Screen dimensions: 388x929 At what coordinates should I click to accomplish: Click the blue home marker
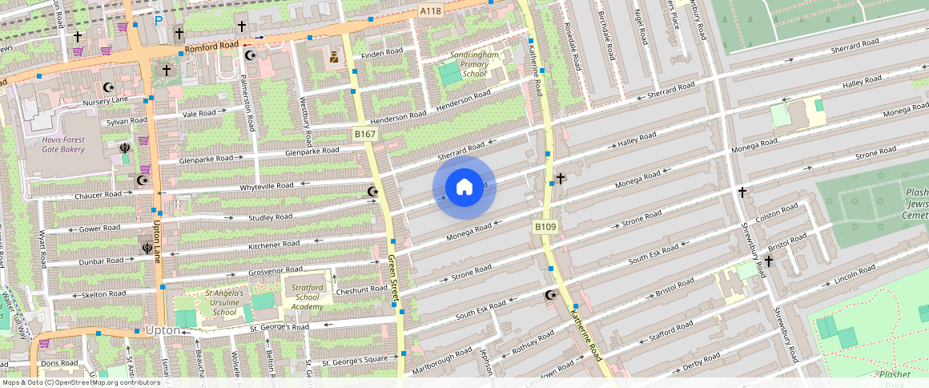tap(464, 188)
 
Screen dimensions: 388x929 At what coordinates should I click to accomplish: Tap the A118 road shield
tap(431, 10)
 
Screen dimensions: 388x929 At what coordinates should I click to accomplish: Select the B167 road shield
tap(365, 134)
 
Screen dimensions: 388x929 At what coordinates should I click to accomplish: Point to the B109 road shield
tap(545, 228)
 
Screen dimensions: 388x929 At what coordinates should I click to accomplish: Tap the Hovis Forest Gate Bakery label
tap(63, 143)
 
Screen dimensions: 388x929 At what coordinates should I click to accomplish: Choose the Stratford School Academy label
tap(307, 297)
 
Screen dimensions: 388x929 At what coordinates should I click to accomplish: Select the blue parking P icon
tap(159, 20)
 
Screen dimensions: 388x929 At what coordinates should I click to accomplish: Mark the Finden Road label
tap(382, 53)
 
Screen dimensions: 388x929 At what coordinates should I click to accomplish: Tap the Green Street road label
tap(393, 279)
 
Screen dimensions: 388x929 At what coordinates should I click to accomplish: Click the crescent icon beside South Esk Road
tap(550, 295)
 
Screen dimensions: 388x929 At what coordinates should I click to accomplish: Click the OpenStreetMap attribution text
tap(80, 382)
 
